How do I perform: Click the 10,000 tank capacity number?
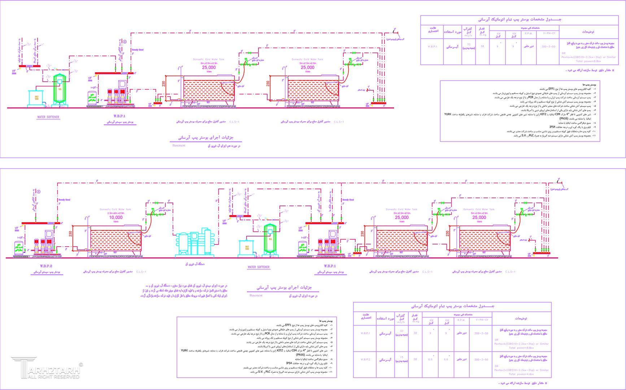point(116,217)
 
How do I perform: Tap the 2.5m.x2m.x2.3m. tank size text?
point(116,213)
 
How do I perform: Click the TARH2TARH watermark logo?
point(45,367)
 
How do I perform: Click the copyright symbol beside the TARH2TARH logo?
point(81,365)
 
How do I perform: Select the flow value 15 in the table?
point(402,357)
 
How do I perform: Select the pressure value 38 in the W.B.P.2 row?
point(415,359)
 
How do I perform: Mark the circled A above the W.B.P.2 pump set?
point(39,192)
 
